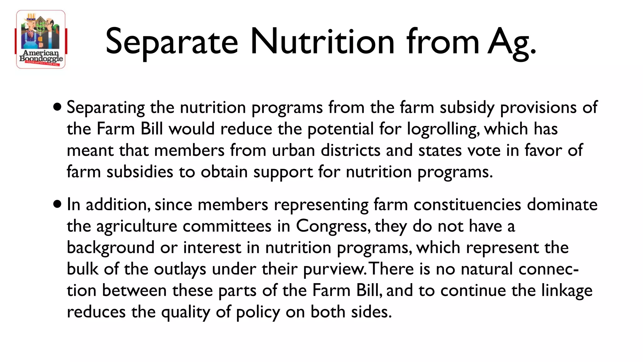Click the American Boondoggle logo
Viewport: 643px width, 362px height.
click(x=41, y=39)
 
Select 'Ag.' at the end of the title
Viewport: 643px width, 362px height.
click(x=512, y=43)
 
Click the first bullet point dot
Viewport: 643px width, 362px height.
click(x=57, y=107)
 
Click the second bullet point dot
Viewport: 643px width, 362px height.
click(x=57, y=205)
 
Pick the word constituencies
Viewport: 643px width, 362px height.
click(x=467, y=205)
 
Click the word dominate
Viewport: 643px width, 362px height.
click(x=562, y=205)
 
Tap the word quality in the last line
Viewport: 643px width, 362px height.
click(x=185, y=312)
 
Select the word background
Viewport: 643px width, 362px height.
click(x=111, y=248)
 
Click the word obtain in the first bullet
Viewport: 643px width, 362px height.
click(x=224, y=172)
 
